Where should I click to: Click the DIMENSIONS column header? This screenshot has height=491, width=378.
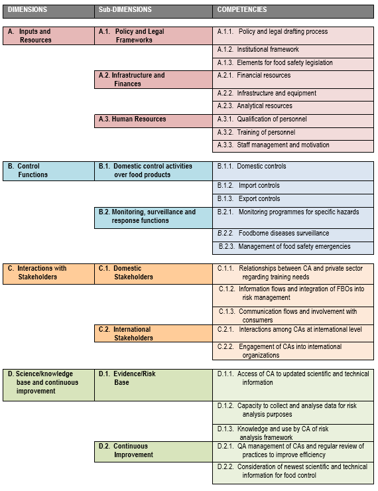(x=48, y=11)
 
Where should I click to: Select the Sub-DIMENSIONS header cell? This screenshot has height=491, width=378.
(x=153, y=11)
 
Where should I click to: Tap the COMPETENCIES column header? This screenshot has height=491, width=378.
(x=293, y=11)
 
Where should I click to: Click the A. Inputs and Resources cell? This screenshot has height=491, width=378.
(x=48, y=36)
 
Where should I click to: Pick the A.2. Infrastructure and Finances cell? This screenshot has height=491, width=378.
(x=153, y=80)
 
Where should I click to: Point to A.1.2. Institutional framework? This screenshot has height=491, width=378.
(x=293, y=51)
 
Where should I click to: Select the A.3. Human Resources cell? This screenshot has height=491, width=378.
(x=153, y=121)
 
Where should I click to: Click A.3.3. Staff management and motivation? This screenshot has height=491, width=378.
(x=293, y=146)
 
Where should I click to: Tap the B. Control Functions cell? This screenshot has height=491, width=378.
(x=48, y=171)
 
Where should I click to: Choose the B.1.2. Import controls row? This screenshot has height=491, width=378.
(x=293, y=187)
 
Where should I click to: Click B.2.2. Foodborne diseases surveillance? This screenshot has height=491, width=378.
(x=293, y=235)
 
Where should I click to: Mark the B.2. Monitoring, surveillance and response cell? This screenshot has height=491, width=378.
(x=153, y=218)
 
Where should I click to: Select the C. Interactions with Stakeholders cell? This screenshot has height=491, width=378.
(x=48, y=274)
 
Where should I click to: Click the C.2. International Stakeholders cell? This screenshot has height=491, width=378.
(x=153, y=333)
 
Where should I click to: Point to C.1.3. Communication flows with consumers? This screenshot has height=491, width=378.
(x=293, y=315)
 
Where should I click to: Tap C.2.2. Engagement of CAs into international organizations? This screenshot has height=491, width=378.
(x=293, y=351)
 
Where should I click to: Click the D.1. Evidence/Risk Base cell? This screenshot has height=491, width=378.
(x=153, y=385)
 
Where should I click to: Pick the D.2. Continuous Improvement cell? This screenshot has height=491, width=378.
(x=153, y=452)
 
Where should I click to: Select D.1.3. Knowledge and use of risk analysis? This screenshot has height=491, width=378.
(x=293, y=433)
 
